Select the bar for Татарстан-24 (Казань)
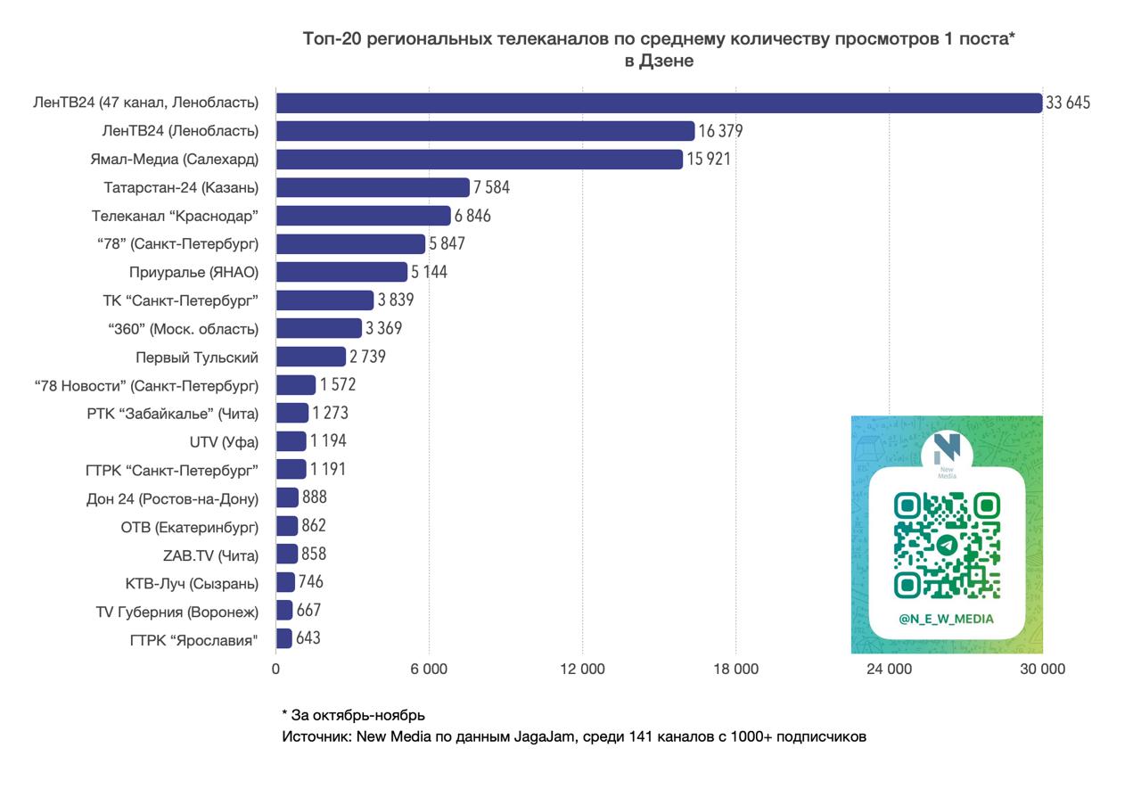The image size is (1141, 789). tap(373, 187)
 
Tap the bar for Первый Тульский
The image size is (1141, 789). tap(310, 357)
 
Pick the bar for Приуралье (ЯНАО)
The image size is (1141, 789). tap(341, 272)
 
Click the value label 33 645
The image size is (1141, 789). tap(1068, 103)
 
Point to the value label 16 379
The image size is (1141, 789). tap(720, 132)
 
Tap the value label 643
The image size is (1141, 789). tap(308, 638)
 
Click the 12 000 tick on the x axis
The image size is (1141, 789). tap(582, 670)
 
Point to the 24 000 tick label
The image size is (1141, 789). tap(889, 670)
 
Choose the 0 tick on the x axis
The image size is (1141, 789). tap(276, 670)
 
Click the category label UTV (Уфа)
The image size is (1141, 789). tap(224, 442)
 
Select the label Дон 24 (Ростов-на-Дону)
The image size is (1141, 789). tap(173, 499)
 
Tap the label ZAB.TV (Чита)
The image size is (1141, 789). tap(210, 555)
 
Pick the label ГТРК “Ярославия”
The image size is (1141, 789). tap(194, 640)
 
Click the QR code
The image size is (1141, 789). tap(947, 545)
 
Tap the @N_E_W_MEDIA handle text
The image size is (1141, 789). tap(947, 619)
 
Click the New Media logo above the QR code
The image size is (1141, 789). tap(947, 452)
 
